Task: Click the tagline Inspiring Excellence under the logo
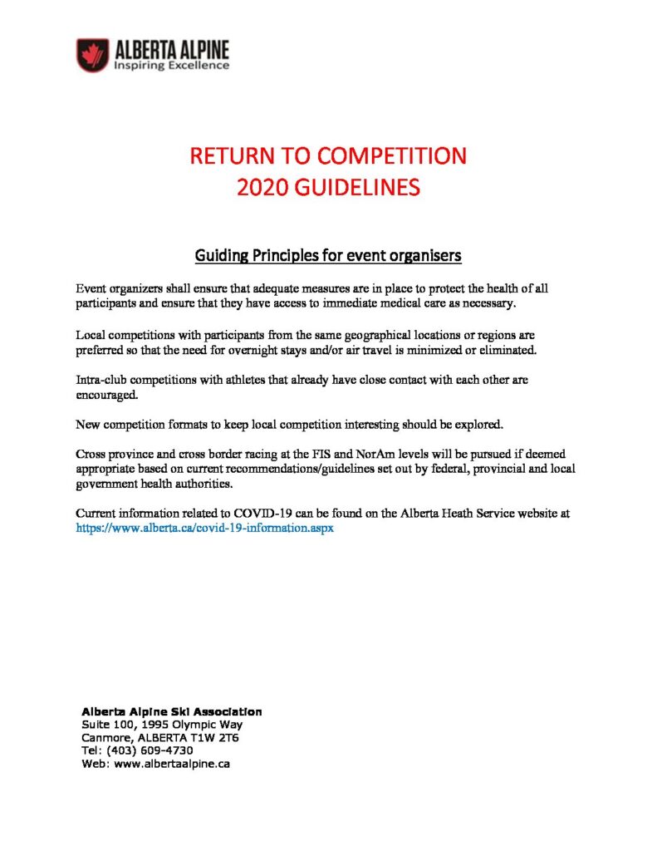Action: pyautogui.click(x=171, y=65)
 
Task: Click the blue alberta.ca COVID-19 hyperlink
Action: pyautogui.click(x=204, y=528)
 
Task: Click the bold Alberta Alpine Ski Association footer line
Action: pyautogui.click(x=171, y=711)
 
